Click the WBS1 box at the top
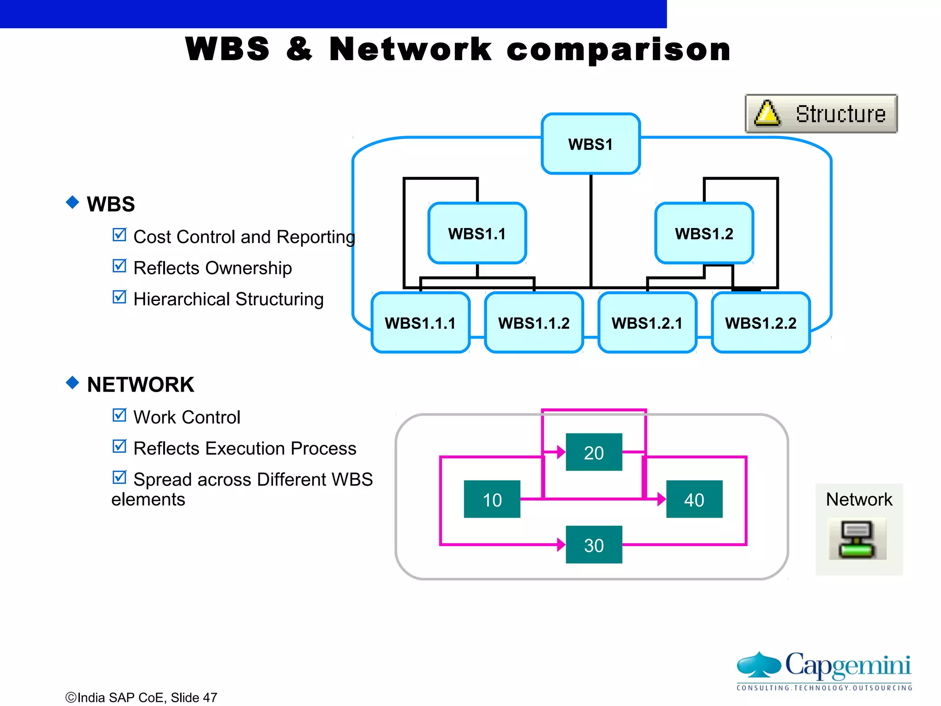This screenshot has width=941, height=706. click(x=590, y=144)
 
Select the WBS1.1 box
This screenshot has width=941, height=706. click(x=477, y=233)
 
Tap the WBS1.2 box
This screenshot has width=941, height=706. click(x=704, y=233)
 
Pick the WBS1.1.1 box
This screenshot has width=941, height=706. click(x=420, y=323)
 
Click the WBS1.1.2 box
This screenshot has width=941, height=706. click(x=533, y=323)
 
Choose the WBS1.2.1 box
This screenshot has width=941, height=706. click(x=647, y=323)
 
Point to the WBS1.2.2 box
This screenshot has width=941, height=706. click(x=760, y=323)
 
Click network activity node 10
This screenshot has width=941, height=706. click(x=492, y=499)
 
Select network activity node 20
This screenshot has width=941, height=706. click(x=594, y=452)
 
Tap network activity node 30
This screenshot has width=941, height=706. click(x=594, y=545)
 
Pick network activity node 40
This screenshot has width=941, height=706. click(x=694, y=499)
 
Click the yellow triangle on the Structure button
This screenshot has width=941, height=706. click(x=767, y=114)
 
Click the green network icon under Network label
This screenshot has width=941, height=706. click(x=857, y=540)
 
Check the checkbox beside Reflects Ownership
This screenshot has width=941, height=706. click(x=119, y=266)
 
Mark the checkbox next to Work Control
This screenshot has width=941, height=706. click(x=119, y=415)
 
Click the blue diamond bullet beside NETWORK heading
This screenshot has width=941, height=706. click(x=73, y=382)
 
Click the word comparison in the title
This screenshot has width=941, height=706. click(x=618, y=50)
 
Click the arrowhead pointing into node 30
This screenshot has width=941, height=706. click(x=561, y=545)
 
